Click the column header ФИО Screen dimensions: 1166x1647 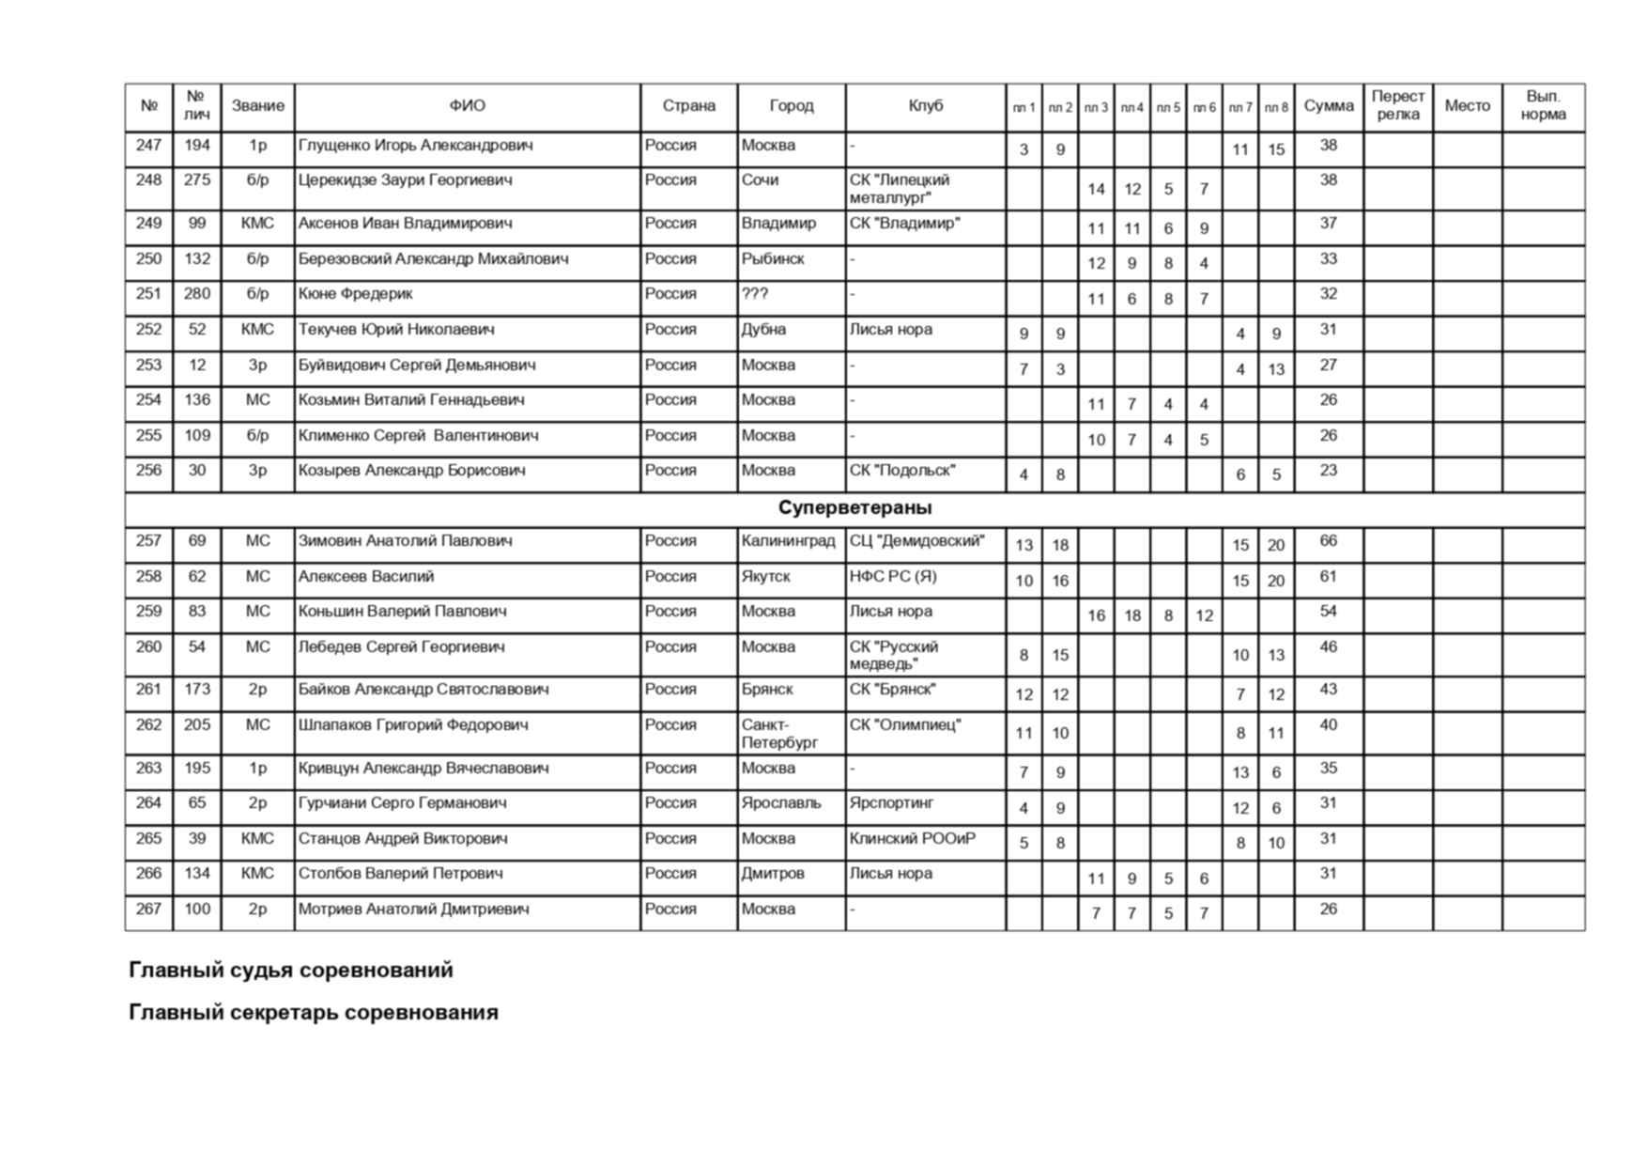click(467, 106)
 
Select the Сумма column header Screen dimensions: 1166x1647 click(1328, 106)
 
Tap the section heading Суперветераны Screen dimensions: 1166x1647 click(854, 508)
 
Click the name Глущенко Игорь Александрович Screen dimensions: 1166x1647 click(415, 146)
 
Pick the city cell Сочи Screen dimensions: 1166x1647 click(760, 180)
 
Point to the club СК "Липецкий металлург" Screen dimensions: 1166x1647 click(900, 189)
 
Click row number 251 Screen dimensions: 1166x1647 click(148, 294)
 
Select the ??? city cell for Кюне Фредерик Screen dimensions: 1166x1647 click(755, 294)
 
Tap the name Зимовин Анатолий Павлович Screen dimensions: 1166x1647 click(405, 541)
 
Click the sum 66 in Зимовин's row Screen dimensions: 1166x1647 click(1328, 541)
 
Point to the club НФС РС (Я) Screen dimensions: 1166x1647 click(893, 577)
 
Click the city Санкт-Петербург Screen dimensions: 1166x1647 click(779, 734)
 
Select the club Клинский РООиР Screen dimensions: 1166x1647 click(912, 839)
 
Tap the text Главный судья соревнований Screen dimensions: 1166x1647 click(291, 970)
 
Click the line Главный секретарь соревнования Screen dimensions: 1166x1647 click(314, 1013)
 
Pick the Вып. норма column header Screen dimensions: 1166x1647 click(1543, 106)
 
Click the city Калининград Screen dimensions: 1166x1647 click(788, 541)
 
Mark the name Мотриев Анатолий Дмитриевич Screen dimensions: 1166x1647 click(413, 909)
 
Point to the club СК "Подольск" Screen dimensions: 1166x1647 click(902, 471)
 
